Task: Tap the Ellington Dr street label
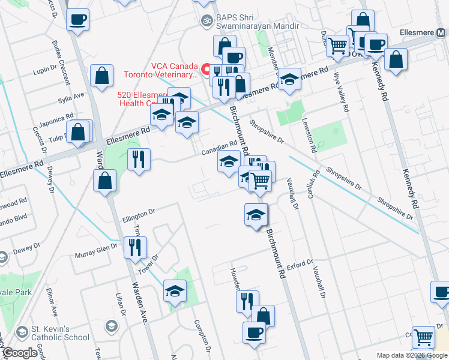[x=139, y=212]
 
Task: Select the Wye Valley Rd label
[x=345, y=97]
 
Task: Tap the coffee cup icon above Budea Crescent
[x=78, y=19]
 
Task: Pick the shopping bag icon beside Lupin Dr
[x=101, y=75]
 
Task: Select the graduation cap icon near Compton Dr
[x=175, y=291]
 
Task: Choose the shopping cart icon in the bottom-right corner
[x=424, y=338]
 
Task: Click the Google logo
[x=20, y=353]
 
